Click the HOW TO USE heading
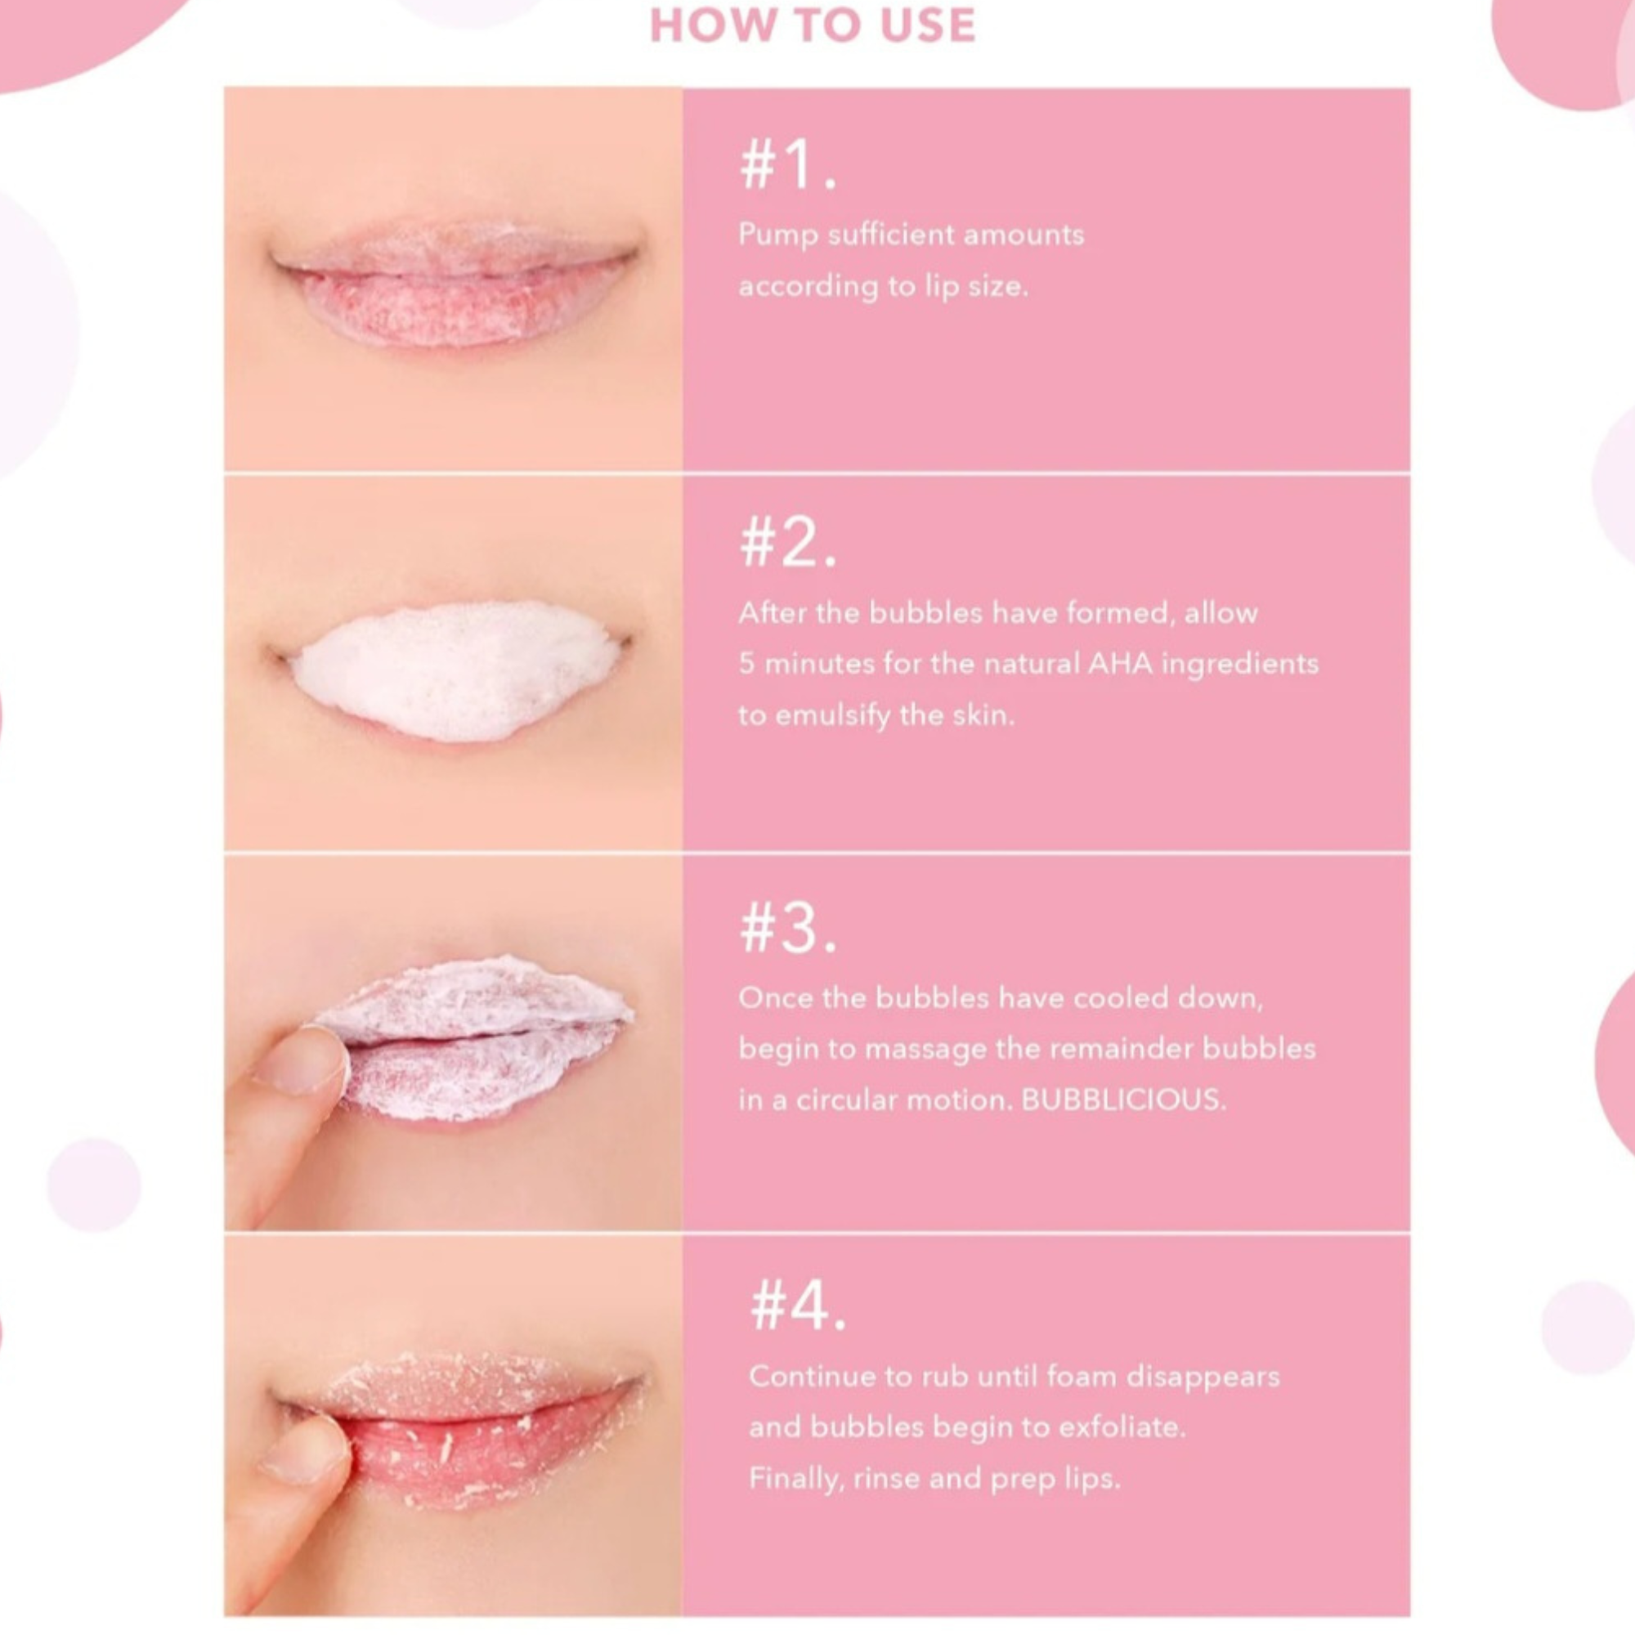pos(813,25)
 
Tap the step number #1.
pos(788,165)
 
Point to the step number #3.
pos(788,929)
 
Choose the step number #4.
pos(798,1306)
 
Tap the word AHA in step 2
pos(1120,664)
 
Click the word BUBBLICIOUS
pos(1123,1100)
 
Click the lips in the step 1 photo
pos(455,284)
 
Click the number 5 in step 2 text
pos(746,664)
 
